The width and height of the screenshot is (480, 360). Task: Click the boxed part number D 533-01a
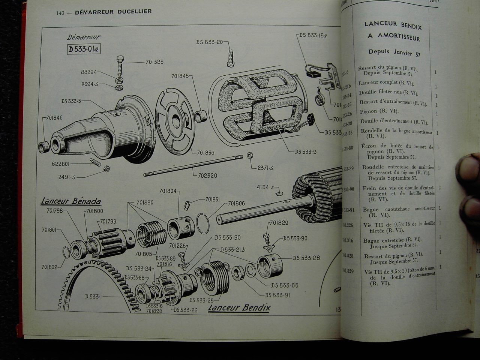point(84,49)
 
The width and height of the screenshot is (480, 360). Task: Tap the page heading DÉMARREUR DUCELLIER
point(113,12)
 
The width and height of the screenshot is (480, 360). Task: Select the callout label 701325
point(154,62)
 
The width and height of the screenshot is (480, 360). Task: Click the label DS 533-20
point(209,42)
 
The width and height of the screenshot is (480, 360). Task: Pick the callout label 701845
point(180,76)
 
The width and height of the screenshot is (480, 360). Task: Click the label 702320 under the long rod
point(207,175)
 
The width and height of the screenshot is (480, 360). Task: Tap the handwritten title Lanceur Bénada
point(70,201)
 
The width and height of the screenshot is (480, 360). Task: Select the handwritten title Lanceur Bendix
point(239,308)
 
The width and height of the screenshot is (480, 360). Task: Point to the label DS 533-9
point(306,152)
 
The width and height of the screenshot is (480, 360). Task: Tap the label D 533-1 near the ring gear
point(93,296)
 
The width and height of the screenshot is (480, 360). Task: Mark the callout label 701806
point(236,204)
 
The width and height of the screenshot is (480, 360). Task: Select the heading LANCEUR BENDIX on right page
point(393,25)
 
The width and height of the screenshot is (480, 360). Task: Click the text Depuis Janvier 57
point(394,53)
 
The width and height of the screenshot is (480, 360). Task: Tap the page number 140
point(60,13)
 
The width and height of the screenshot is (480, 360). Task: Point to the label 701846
point(55,118)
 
